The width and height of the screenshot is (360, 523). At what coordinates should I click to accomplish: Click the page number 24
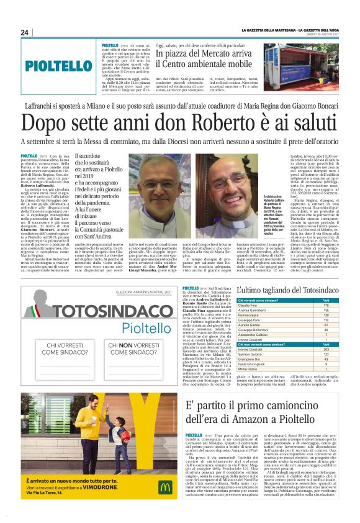click(25, 32)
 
